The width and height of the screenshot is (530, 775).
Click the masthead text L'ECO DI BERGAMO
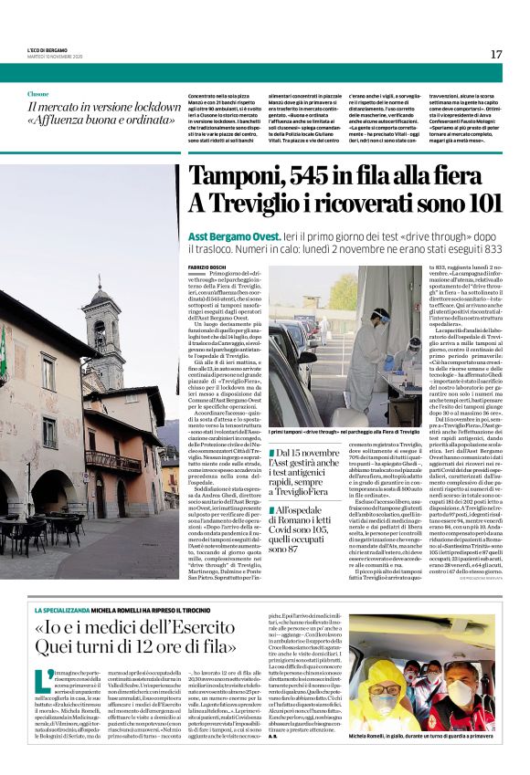tap(45, 47)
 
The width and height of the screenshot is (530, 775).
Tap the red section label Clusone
tap(38, 93)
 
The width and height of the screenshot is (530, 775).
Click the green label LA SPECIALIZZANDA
tap(63, 609)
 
